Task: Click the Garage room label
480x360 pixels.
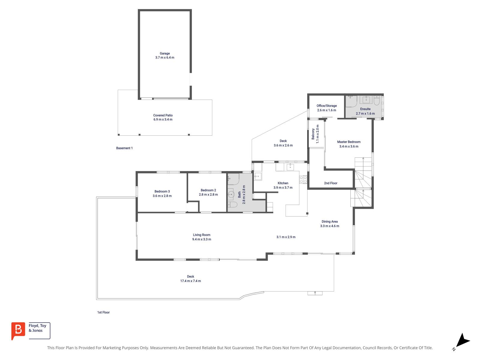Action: coord(165,53)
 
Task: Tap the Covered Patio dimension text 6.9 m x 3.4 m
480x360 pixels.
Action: coord(163,119)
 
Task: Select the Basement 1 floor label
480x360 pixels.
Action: coord(124,148)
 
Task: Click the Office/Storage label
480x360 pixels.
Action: coord(327,106)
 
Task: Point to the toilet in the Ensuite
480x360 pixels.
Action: coord(377,100)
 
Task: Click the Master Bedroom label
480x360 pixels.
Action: coord(349,142)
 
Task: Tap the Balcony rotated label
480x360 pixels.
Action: coord(313,134)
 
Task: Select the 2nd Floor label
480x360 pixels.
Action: coord(331,183)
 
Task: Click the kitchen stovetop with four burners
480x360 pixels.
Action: coord(303,180)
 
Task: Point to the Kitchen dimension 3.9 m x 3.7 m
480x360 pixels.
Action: coord(283,187)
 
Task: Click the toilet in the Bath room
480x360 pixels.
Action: coord(233,205)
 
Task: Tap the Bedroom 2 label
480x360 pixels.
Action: coord(208,190)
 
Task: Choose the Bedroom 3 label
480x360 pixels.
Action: coord(162,191)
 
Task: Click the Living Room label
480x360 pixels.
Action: coord(202,235)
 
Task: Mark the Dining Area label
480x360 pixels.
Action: coord(329,222)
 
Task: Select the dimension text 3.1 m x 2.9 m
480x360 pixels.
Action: coord(286,237)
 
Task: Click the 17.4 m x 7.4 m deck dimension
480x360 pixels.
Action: coord(190,281)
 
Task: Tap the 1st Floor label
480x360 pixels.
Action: coord(103,312)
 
